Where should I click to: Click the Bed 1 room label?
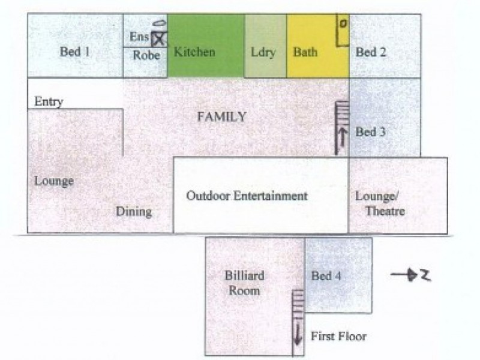tap(75, 52)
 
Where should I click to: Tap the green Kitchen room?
tap(206, 46)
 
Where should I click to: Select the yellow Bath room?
tap(318, 46)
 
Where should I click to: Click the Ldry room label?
tap(263, 52)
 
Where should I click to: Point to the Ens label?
tap(139, 37)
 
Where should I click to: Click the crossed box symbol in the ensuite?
tap(159, 39)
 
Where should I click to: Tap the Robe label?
tap(146, 55)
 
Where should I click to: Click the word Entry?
tap(49, 101)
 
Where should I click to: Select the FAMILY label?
tap(221, 116)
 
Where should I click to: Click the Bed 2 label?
tap(371, 52)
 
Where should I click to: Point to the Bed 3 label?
tap(370, 132)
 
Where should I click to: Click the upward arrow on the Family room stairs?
tap(343, 140)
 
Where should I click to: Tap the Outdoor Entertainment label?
tap(247, 196)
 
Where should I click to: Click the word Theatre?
tap(385, 211)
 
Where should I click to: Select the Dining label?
tap(134, 212)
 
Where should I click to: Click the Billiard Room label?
tap(244, 283)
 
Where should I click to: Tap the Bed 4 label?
tap(326, 276)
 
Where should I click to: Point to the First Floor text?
tap(338, 337)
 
